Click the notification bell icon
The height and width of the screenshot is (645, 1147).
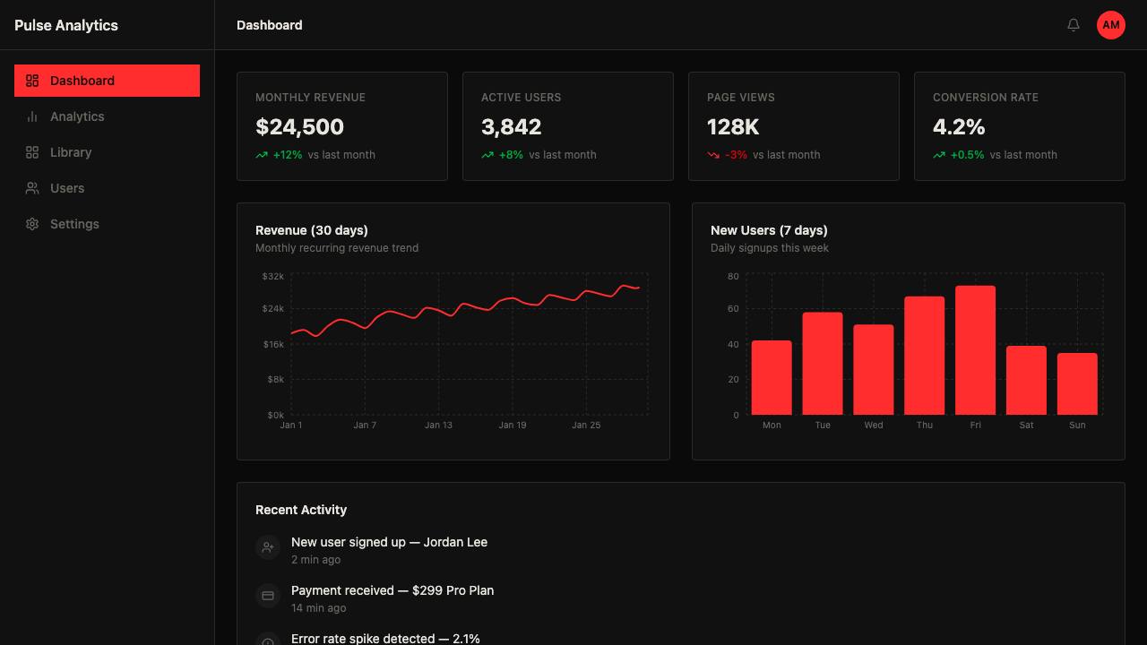(x=1074, y=24)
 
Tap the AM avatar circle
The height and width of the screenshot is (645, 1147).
(x=1110, y=25)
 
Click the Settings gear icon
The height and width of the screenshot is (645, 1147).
(x=32, y=224)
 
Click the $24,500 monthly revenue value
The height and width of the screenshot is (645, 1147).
(x=299, y=127)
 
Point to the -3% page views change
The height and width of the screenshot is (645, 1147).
(x=736, y=155)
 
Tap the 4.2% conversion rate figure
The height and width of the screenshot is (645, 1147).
(x=959, y=127)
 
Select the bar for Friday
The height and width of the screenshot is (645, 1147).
(x=975, y=350)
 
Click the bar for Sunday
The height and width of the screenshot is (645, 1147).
(x=1077, y=384)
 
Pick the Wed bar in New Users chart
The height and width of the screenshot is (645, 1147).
(x=873, y=370)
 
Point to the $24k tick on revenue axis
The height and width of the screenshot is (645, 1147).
(x=273, y=308)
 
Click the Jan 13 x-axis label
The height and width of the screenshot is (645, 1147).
(x=438, y=425)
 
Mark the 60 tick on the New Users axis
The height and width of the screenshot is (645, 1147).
(x=733, y=308)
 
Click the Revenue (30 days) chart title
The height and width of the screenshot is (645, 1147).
(x=311, y=230)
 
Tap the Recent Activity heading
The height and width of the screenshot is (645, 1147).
(x=301, y=510)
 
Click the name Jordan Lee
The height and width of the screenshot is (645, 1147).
(x=455, y=542)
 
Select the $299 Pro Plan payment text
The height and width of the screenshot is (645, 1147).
(x=453, y=590)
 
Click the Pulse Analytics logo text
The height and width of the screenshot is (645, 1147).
(x=66, y=25)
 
